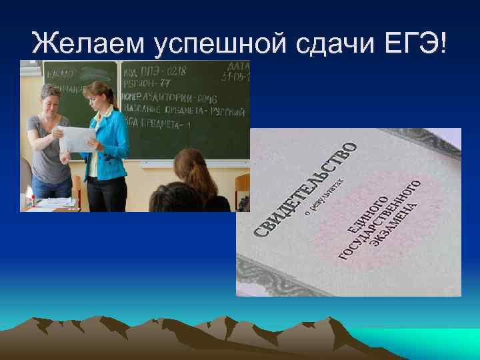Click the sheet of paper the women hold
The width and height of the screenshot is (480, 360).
point(77,138)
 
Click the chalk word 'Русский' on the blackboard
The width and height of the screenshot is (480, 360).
point(231,112)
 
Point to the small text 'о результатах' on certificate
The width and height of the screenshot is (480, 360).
point(327,196)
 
